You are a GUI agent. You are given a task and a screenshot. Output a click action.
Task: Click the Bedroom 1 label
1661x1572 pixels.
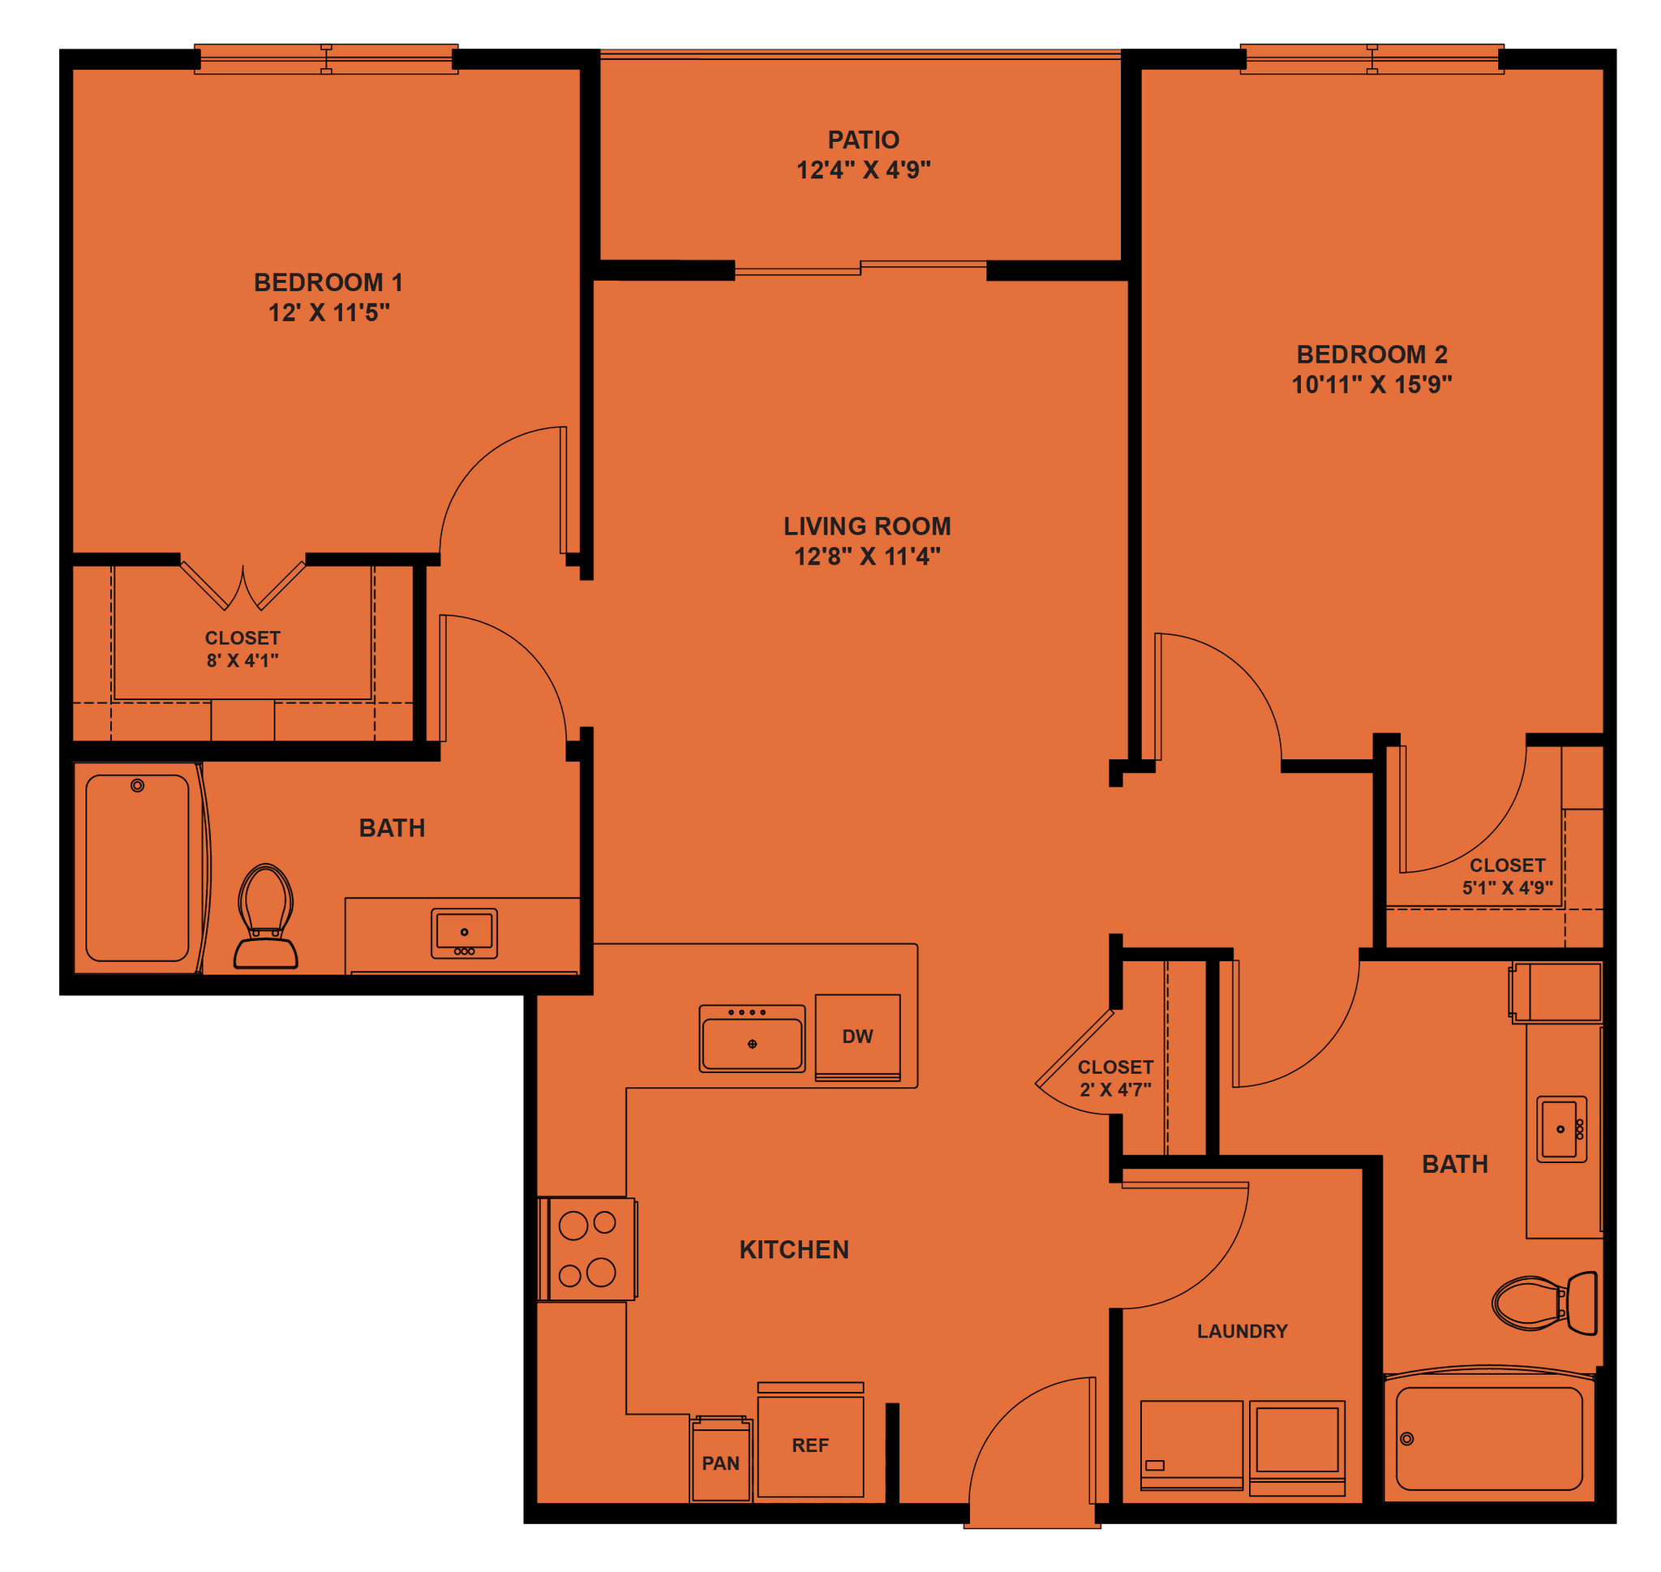tap(328, 282)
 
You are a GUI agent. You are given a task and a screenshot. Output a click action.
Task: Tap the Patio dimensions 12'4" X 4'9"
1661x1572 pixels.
tap(863, 170)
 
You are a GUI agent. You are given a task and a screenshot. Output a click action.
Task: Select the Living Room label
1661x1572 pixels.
tap(867, 526)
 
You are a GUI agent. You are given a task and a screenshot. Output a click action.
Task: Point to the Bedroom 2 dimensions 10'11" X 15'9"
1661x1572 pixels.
tap(1371, 384)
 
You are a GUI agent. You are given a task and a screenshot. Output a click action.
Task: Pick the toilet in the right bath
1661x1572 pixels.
tap(1543, 1303)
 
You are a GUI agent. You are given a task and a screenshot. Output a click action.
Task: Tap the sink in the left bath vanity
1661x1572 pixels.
tap(464, 933)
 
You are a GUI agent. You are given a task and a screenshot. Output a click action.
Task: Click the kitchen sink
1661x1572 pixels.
tap(751, 1040)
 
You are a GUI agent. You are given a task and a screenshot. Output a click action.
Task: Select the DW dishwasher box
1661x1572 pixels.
tap(858, 1037)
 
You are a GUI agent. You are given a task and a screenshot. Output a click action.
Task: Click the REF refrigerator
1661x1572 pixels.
tap(810, 1445)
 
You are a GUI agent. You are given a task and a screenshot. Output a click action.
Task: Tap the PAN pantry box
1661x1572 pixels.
tap(720, 1462)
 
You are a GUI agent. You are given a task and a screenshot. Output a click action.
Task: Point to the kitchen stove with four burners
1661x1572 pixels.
tap(588, 1248)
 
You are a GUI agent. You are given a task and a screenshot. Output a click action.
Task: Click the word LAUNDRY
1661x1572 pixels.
tap(1242, 1330)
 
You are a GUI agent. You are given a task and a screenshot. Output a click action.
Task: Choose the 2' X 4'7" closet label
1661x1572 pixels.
tap(1115, 1089)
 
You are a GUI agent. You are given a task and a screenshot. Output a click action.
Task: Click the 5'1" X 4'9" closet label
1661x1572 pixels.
tap(1507, 887)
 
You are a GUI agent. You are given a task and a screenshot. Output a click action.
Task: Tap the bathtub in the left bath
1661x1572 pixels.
tap(137, 867)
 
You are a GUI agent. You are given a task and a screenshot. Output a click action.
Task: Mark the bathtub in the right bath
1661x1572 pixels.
tap(1488, 1438)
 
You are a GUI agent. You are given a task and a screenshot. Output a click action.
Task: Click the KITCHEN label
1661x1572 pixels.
tap(793, 1249)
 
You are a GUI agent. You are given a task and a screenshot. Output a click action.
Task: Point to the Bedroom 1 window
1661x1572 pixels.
tap(327, 59)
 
